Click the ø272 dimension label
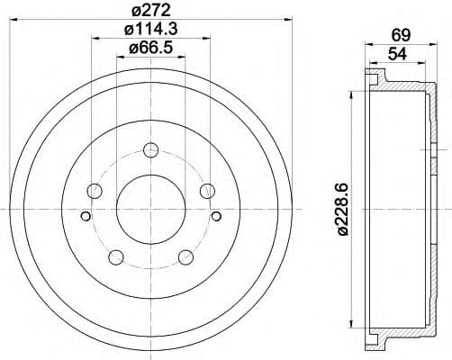pyautogui.click(x=149, y=10)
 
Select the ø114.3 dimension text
pyautogui.click(x=149, y=30)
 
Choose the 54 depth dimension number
pyautogui.click(x=395, y=54)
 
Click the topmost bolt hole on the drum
pyautogui.click(x=150, y=149)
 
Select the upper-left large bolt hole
pyautogui.click(x=93, y=191)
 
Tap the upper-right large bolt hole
pyautogui.click(x=208, y=191)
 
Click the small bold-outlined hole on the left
pyautogui.click(x=86, y=215)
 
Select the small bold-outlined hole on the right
pyautogui.click(x=215, y=215)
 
